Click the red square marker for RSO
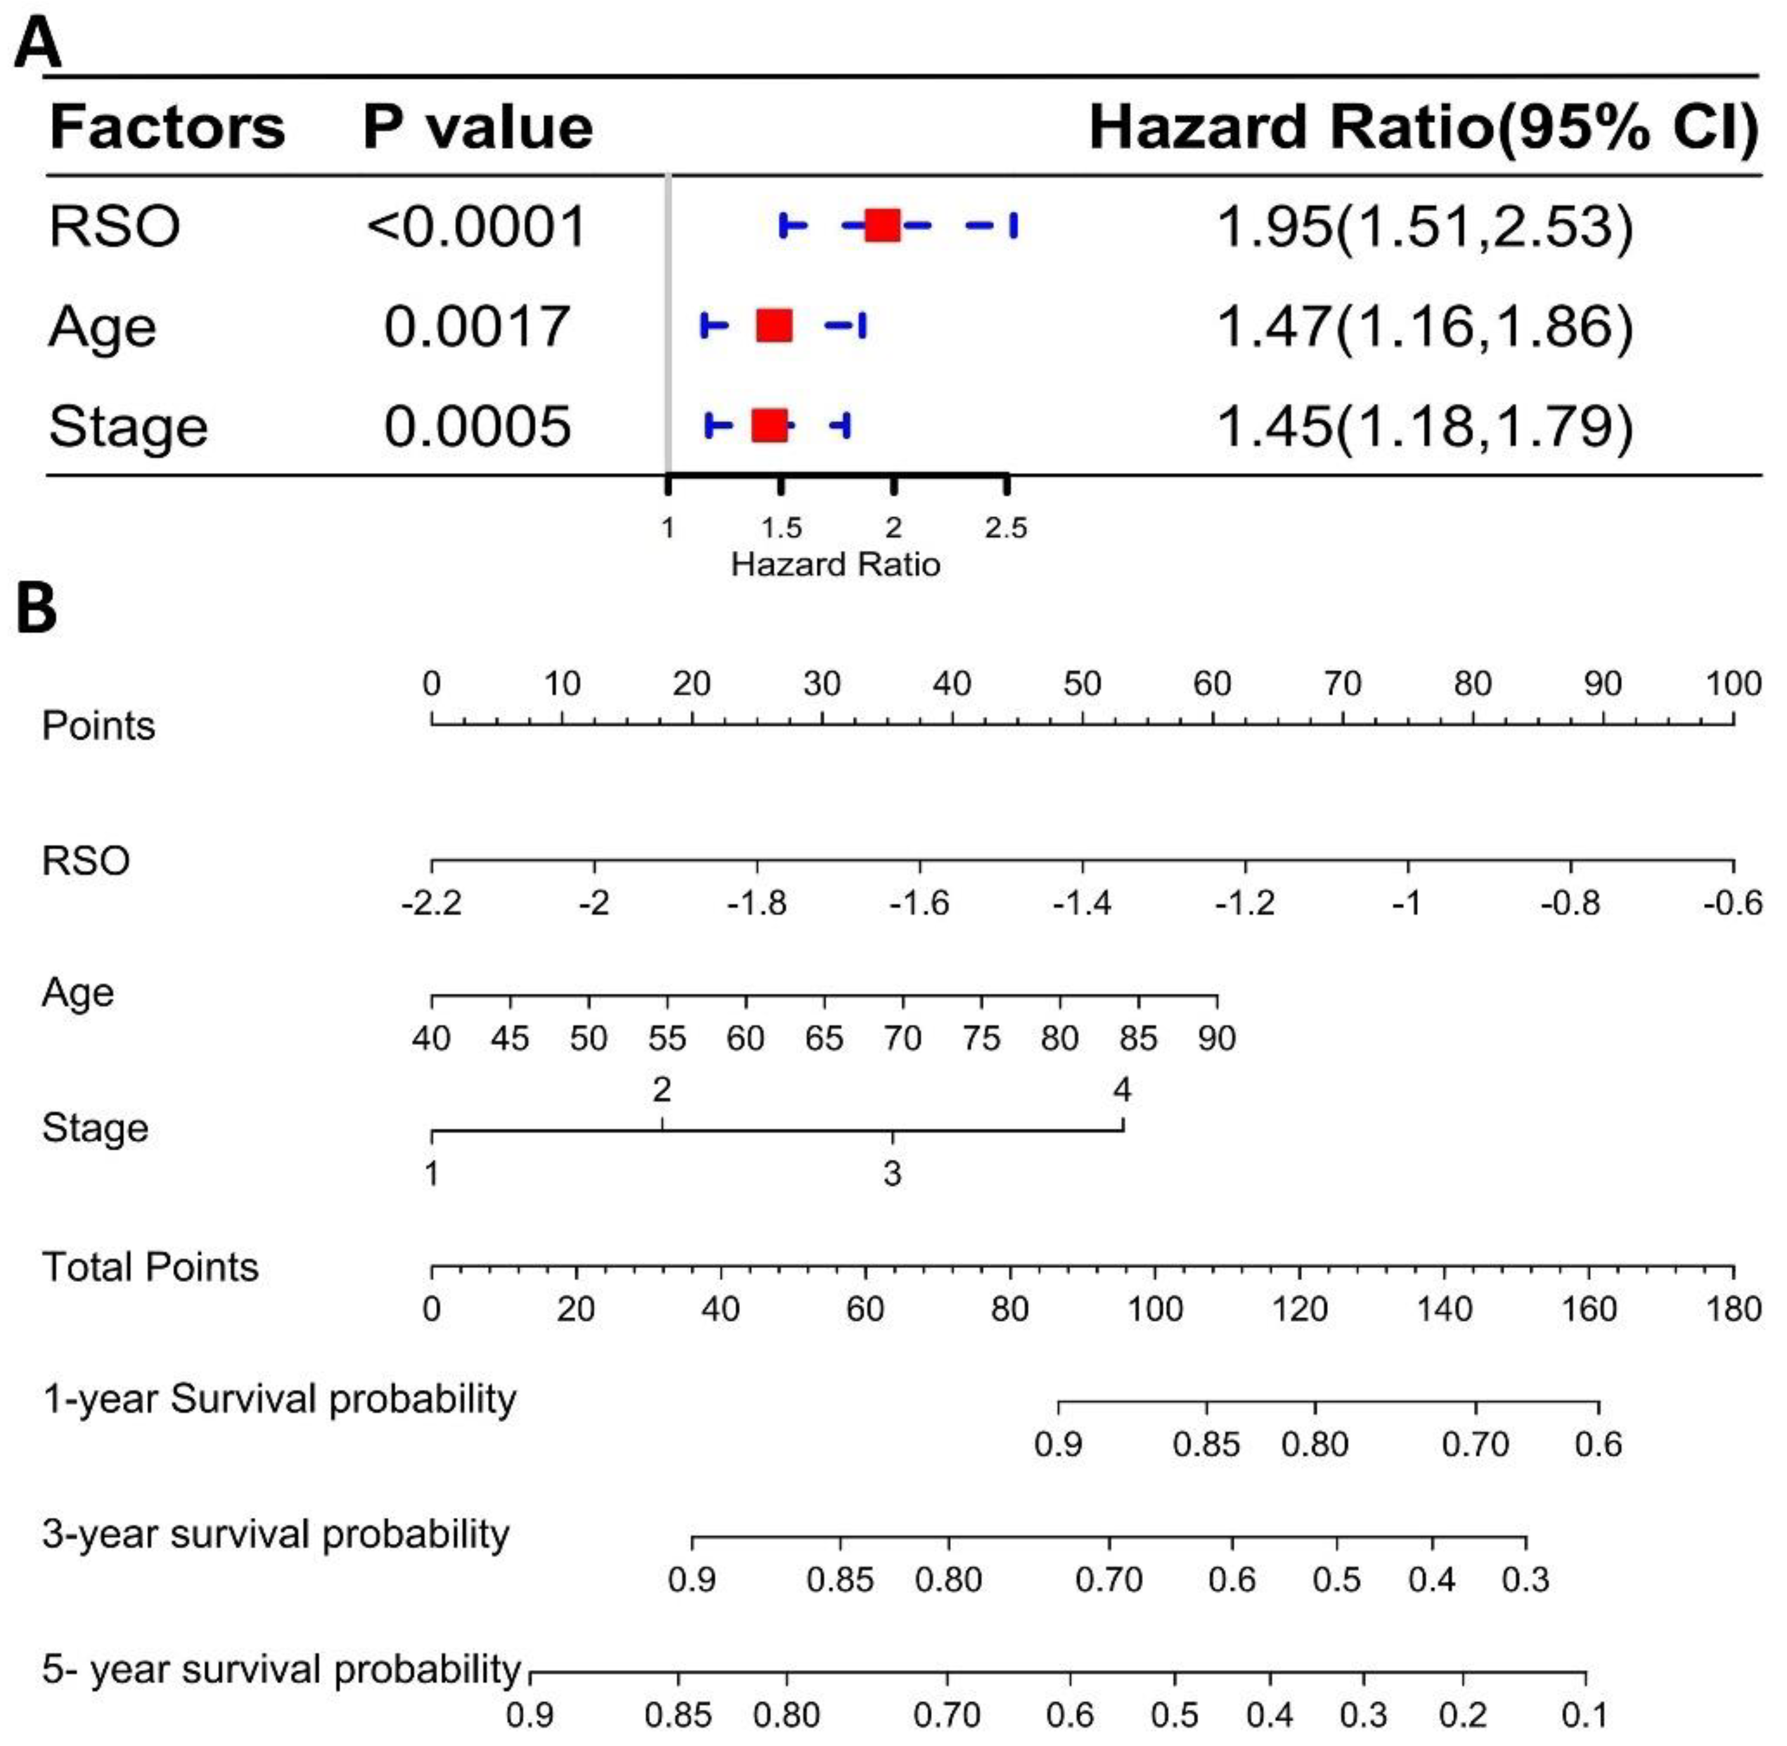[x=882, y=226]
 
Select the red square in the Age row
[x=775, y=325]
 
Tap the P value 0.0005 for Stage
[x=477, y=427]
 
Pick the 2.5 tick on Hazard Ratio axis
[x=1006, y=527]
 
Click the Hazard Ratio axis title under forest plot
[x=835, y=564]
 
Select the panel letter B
[x=37, y=610]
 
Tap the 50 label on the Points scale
[x=1082, y=684]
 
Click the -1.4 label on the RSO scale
[x=1082, y=904]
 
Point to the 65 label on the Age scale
[x=823, y=1038]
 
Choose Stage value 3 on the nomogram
[x=892, y=1173]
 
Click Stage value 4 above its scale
[x=1122, y=1089]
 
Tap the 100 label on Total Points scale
[x=1154, y=1309]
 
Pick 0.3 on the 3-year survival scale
[x=1526, y=1579]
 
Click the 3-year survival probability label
[x=275, y=1534]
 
